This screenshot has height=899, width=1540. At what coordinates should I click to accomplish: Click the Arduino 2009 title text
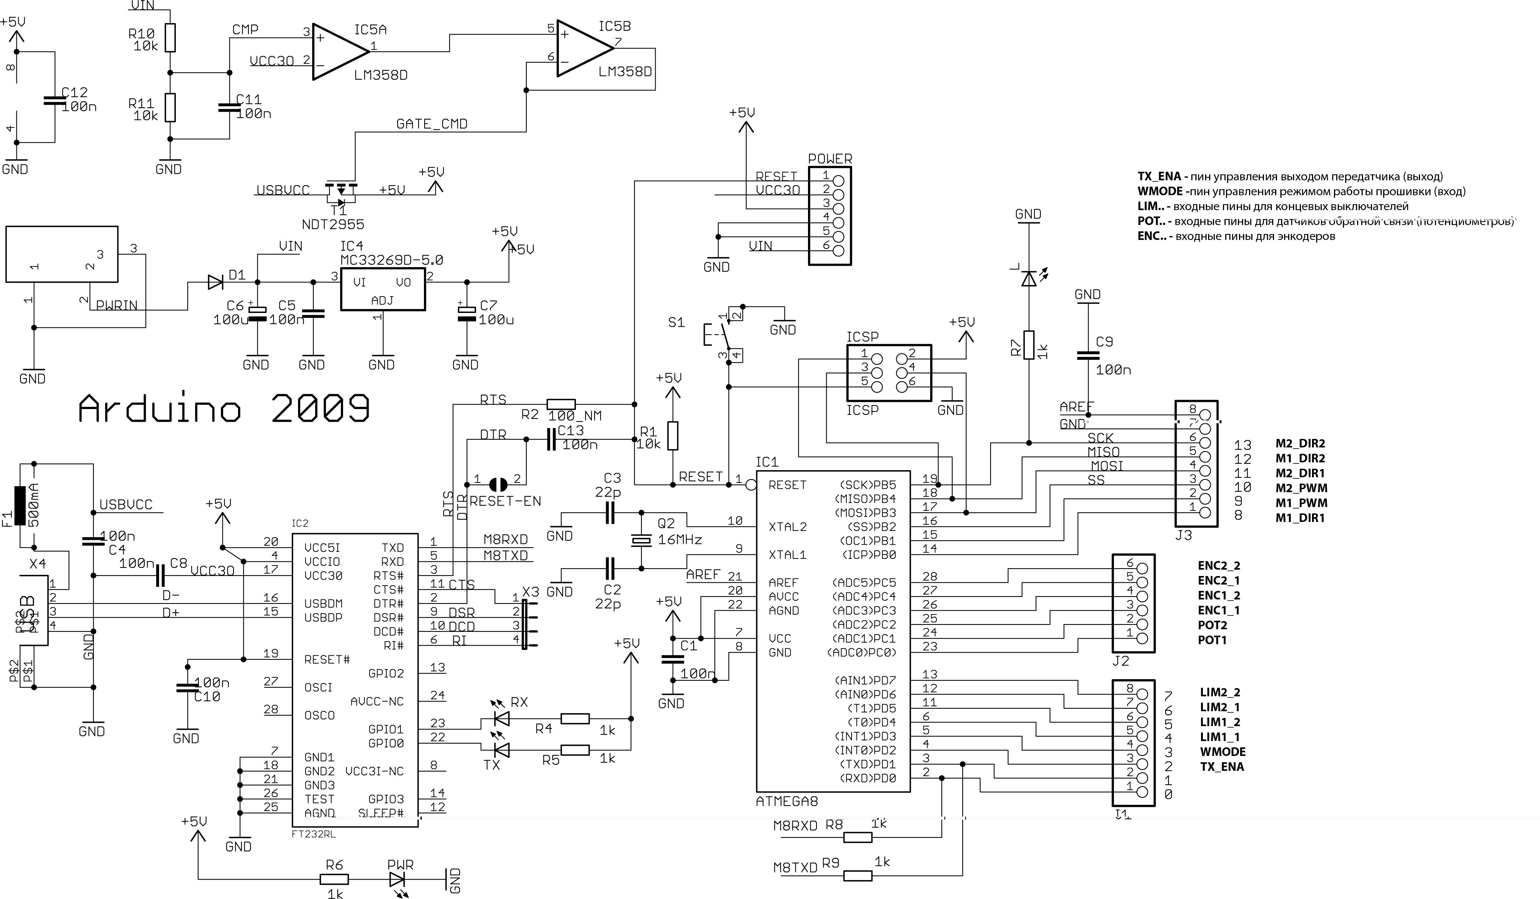pos(224,408)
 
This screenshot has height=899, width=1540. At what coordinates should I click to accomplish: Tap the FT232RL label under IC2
pos(314,833)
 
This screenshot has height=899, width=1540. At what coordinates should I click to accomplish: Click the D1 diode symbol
pos(215,282)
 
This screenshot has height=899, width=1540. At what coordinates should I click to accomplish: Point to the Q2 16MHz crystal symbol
pos(641,540)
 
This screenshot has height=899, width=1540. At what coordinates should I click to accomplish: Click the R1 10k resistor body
pos(672,436)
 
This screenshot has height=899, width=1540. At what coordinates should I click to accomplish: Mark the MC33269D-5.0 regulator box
pos(383,290)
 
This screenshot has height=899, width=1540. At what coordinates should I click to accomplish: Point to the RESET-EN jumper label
pos(505,501)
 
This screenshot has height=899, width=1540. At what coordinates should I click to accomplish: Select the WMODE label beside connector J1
pos(1222,752)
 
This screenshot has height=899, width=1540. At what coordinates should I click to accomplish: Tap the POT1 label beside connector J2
pos(1212,640)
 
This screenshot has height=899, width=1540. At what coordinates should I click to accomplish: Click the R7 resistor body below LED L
pos(1029,345)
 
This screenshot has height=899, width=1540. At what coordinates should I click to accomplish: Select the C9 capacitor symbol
pos(1088,356)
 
